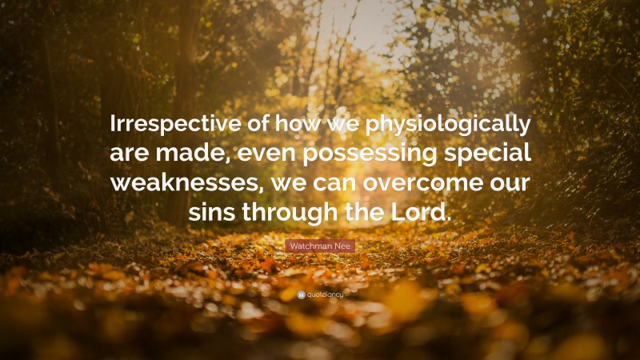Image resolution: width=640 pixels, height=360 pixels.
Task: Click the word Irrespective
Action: [170, 126]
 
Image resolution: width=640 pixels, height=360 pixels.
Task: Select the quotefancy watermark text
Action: [324, 294]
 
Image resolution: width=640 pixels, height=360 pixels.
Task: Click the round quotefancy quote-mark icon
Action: [300, 294]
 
